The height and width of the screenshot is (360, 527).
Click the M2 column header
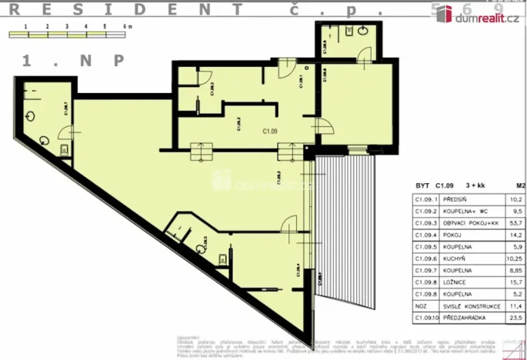520,185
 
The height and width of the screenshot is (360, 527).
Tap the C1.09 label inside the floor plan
269,131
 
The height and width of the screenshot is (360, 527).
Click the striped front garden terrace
346,231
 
